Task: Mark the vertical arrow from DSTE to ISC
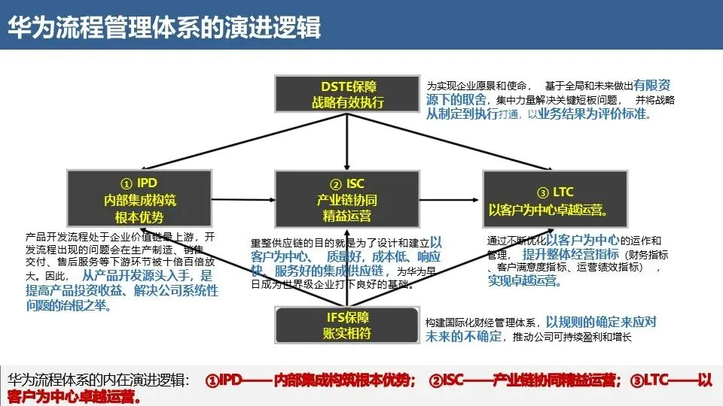click(346, 143)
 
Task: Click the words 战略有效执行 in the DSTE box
click(347, 102)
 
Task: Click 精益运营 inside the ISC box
click(346, 217)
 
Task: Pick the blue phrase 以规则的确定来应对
click(600, 321)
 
